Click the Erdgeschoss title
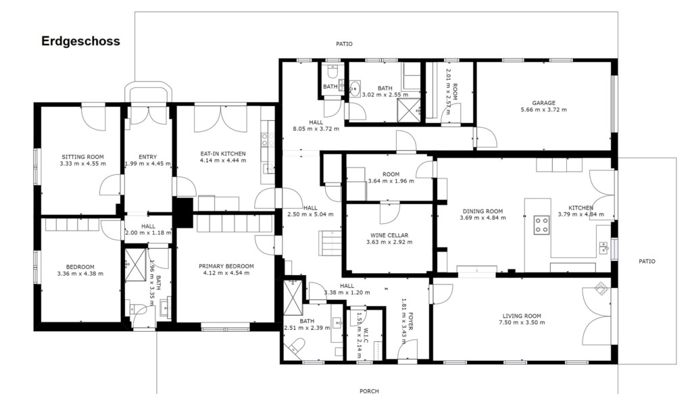(81, 41)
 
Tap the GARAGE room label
(543, 103)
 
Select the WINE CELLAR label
(389, 235)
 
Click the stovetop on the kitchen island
(541, 225)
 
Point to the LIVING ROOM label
(522, 316)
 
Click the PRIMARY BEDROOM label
(226, 266)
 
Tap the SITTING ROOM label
(82, 157)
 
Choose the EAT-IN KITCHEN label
(223, 153)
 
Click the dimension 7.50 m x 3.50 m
(522, 322)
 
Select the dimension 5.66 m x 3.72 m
(544, 109)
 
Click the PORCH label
(369, 391)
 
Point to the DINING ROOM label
(483, 211)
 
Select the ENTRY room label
(147, 157)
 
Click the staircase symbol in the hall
(331, 243)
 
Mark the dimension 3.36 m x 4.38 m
(80, 274)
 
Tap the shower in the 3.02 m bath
(409, 110)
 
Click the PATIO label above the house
(344, 44)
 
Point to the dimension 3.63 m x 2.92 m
(389, 242)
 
